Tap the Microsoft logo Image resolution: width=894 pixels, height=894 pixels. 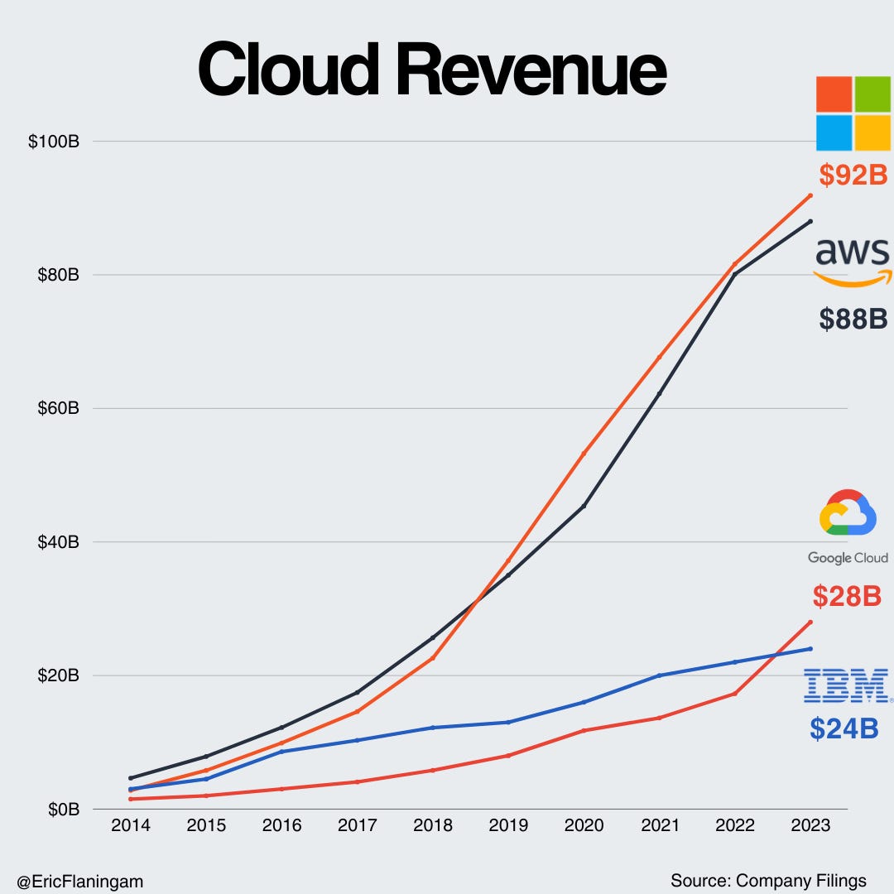[853, 113]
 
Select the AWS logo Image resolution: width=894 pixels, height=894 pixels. [853, 262]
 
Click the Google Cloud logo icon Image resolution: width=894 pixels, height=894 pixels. [848, 512]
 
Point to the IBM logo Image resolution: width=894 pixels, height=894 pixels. [846, 687]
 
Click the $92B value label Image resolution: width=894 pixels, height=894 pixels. [853, 175]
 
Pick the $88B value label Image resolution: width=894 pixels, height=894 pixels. [853, 319]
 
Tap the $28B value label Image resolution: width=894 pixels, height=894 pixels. [847, 595]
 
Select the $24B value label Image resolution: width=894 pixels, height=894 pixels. [844, 728]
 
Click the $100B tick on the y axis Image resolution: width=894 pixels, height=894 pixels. [53, 142]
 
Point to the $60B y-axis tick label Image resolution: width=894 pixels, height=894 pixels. [56, 408]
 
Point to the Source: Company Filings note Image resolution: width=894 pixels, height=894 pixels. [768, 880]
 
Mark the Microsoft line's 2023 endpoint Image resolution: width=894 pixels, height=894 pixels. [810, 195]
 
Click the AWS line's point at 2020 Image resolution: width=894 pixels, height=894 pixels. [584, 506]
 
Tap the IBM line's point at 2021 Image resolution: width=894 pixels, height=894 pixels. [660, 675]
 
